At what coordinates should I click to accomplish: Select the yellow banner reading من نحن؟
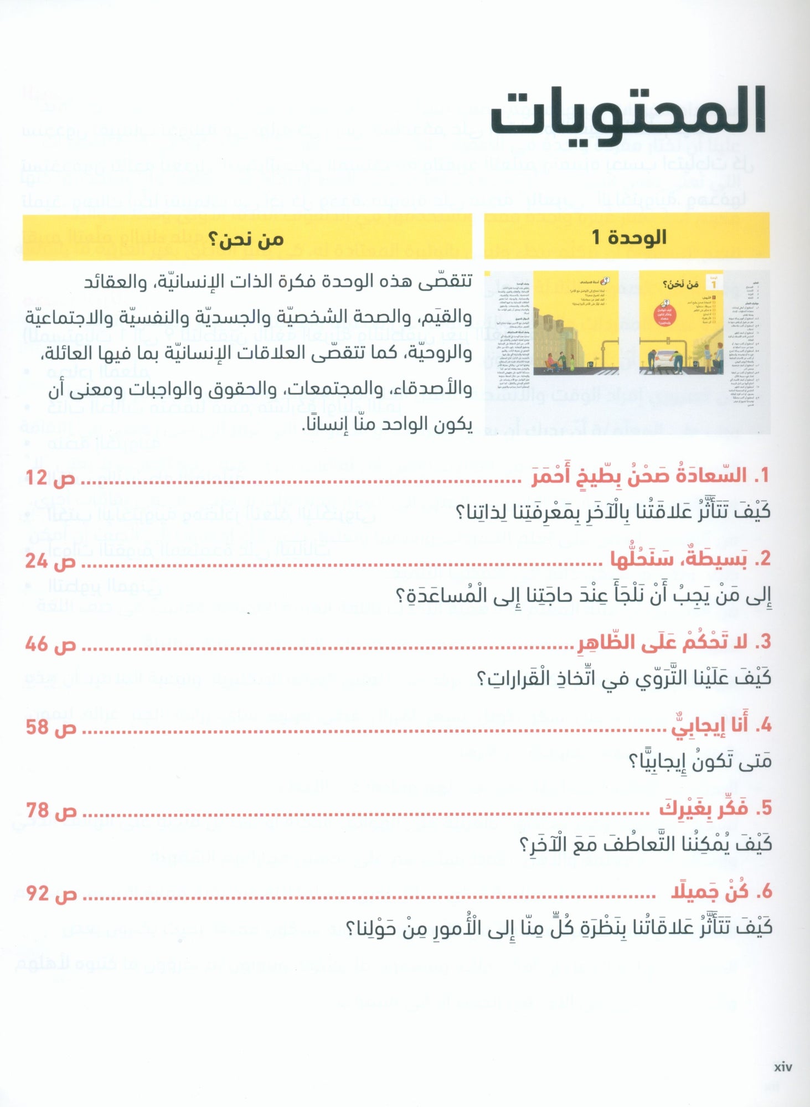pos(246,239)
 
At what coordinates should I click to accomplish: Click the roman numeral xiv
pos(783,1067)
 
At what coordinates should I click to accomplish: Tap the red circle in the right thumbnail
pos(665,317)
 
